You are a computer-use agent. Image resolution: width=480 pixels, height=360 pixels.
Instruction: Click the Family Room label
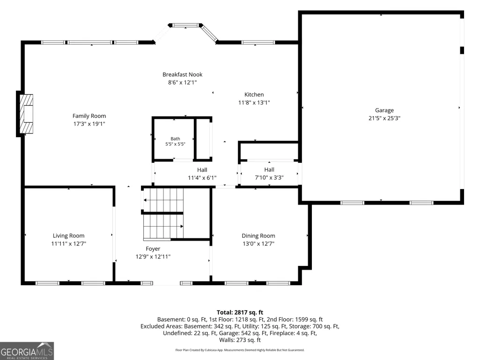(89, 116)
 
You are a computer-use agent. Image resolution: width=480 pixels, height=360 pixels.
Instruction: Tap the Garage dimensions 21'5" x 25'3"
(384, 118)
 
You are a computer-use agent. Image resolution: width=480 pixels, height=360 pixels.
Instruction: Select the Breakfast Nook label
(183, 74)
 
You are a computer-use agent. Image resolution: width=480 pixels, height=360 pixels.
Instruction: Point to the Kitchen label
(254, 95)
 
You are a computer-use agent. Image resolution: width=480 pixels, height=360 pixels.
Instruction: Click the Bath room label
(176, 139)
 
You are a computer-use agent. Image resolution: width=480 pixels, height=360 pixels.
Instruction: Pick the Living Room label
(68, 236)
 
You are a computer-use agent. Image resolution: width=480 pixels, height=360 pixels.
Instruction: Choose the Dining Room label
(258, 236)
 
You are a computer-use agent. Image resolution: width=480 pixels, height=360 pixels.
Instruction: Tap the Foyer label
(153, 249)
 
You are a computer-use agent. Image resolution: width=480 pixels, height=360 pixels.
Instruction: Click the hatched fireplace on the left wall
(26, 114)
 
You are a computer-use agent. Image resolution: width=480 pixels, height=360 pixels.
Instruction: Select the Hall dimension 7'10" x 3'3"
(269, 177)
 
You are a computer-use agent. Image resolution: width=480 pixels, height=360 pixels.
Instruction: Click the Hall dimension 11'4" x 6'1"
(202, 178)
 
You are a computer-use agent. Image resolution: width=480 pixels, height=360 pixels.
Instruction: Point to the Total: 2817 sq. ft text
(240, 313)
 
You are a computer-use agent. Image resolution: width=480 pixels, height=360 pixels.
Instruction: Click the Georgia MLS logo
(27, 351)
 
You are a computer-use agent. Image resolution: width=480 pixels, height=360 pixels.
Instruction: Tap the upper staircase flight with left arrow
(163, 200)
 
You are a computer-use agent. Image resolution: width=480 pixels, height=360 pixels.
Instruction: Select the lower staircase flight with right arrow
(163, 227)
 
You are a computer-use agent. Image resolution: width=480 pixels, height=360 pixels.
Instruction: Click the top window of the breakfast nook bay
(185, 25)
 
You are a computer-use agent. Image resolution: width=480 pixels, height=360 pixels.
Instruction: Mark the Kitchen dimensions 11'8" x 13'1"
(254, 103)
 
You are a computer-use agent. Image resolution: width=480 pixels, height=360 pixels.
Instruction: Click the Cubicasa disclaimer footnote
(240, 350)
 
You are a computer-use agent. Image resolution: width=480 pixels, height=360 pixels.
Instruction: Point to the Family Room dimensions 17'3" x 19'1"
(89, 124)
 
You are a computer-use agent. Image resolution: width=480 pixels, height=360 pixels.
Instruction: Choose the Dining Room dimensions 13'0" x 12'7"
(258, 244)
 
